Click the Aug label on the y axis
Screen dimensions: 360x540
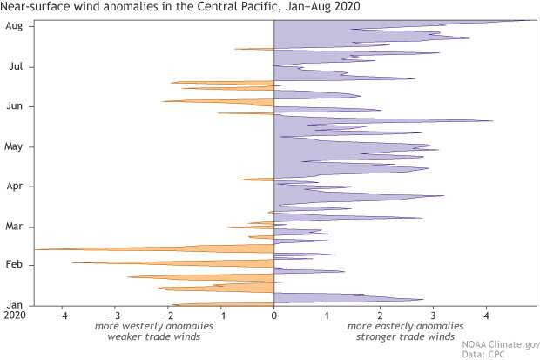[14, 26]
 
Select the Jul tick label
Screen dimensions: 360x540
[15, 66]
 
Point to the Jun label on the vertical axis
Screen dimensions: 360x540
[14, 106]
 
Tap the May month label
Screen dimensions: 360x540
[14, 146]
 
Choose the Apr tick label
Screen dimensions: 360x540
[14, 187]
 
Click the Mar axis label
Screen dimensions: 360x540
[14, 227]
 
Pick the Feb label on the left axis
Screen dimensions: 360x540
[14, 265]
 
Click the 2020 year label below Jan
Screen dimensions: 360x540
[14, 315]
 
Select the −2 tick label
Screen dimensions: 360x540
[168, 315]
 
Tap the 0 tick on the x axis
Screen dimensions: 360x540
[274, 315]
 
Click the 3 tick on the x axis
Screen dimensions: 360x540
[434, 315]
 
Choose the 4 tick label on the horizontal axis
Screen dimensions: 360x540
[487, 315]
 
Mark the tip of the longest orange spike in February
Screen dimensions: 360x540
[36, 249]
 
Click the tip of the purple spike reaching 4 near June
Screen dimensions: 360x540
[492, 121]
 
